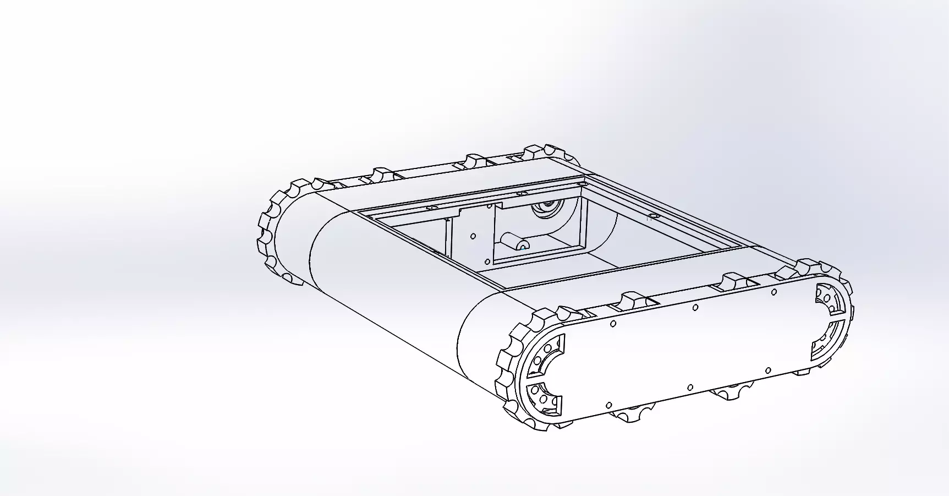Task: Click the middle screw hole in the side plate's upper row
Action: pos(695,307)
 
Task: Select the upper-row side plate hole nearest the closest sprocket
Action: pos(613,324)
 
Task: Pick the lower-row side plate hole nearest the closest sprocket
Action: pos(609,406)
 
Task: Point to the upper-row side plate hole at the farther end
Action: pos(774,292)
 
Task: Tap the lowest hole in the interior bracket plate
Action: pos(487,261)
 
